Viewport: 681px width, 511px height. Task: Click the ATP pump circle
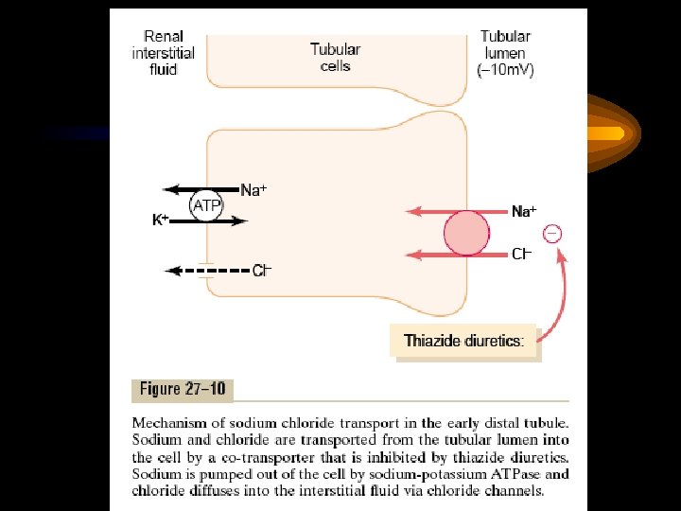click(x=207, y=204)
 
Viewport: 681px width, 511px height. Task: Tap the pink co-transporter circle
click(x=466, y=233)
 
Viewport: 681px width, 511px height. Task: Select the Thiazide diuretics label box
click(x=464, y=342)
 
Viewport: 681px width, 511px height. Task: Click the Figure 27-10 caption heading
click(x=182, y=389)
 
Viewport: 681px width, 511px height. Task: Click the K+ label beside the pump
click(x=161, y=220)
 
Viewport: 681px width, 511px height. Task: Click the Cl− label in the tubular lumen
click(x=521, y=255)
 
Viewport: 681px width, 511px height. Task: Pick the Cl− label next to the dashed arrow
click(x=262, y=271)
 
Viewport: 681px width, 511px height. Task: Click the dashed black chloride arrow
click(x=206, y=271)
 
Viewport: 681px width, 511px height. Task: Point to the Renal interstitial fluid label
click(x=163, y=54)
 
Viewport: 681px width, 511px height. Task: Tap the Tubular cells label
click(x=336, y=57)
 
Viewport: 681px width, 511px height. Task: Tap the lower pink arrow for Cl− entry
click(x=427, y=255)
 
